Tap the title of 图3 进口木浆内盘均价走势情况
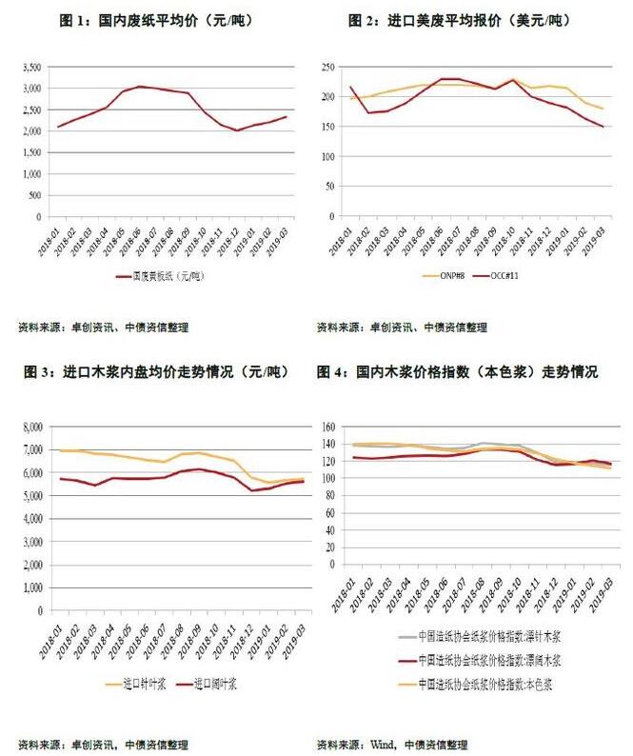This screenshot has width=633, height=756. [156, 372]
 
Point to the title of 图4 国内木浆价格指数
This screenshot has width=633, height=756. [472, 372]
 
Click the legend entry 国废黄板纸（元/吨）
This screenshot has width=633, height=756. [168, 277]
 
